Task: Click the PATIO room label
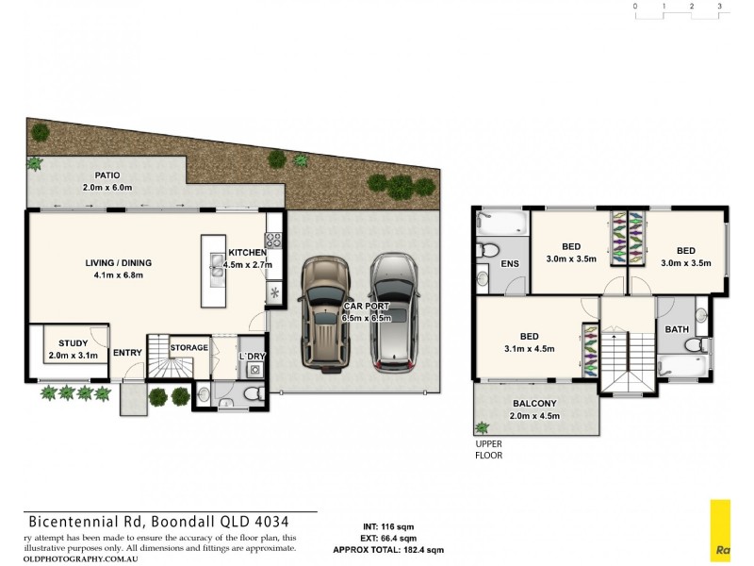pyautogui.click(x=107, y=175)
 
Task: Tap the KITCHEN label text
pyautogui.click(x=247, y=253)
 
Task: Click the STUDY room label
pyautogui.click(x=73, y=343)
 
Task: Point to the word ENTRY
pyautogui.click(x=127, y=353)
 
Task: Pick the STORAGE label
pyautogui.click(x=188, y=348)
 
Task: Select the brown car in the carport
pyautogui.click(x=323, y=310)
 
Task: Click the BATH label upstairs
pyautogui.click(x=676, y=329)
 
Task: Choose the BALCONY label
pyautogui.click(x=535, y=403)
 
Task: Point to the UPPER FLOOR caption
pyautogui.click(x=489, y=449)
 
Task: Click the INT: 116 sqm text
pyautogui.click(x=387, y=525)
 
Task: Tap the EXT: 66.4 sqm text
pyautogui.click(x=387, y=537)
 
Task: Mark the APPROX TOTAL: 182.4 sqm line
pyautogui.click(x=387, y=549)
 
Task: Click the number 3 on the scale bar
pyautogui.click(x=719, y=7)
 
